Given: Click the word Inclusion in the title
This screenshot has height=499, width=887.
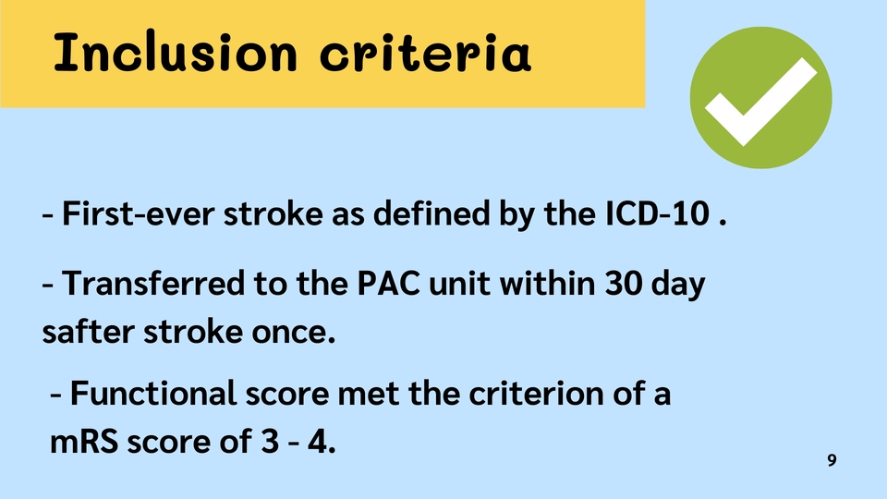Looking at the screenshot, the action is (x=176, y=52).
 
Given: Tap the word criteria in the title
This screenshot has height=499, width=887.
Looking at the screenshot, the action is (x=425, y=52).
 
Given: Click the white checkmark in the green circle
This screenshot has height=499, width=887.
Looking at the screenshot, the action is (x=760, y=102).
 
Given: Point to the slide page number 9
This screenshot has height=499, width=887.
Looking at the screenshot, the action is (x=832, y=460).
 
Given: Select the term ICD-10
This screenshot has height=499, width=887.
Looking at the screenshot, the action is (x=657, y=213).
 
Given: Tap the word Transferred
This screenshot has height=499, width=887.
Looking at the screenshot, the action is (x=153, y=283).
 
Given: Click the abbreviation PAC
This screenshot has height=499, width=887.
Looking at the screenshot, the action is (x=389, y=283).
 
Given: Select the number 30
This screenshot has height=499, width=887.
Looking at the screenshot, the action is (x=624, y=283).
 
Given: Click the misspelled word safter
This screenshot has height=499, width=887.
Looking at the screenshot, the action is (x=89, y=331).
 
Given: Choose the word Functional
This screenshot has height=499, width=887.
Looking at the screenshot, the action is (x=153, y=393).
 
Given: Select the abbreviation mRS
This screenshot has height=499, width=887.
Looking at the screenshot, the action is (x=84, y=442).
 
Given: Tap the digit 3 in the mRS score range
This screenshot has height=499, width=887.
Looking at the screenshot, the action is (x=270, y=442).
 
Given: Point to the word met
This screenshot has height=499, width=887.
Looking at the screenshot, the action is (x=369, y=394).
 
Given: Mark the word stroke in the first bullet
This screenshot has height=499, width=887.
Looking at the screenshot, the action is (x=273, y=213).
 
